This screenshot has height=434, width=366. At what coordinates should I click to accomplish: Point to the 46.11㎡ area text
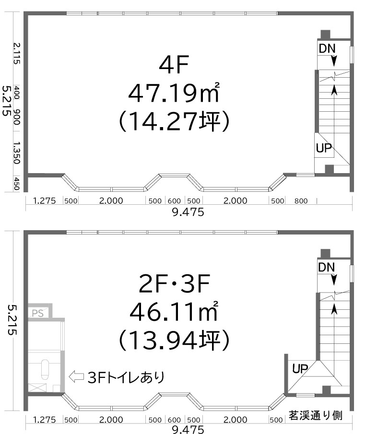173,313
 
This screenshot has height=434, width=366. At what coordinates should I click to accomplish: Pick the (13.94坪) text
173,340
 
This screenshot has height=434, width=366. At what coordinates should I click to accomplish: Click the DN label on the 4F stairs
327,48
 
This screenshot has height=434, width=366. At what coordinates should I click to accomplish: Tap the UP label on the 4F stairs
324,148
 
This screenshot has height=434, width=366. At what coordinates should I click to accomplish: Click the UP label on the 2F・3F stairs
300,368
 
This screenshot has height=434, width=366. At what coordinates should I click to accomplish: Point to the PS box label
37,314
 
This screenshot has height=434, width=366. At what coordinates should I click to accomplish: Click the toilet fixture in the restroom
45,368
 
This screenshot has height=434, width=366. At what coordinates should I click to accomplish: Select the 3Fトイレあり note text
126,377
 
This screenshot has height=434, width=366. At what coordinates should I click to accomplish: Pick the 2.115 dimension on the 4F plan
17,53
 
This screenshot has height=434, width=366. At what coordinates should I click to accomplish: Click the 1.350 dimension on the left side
17,153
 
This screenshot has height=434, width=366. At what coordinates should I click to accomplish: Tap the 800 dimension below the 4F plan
301,201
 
